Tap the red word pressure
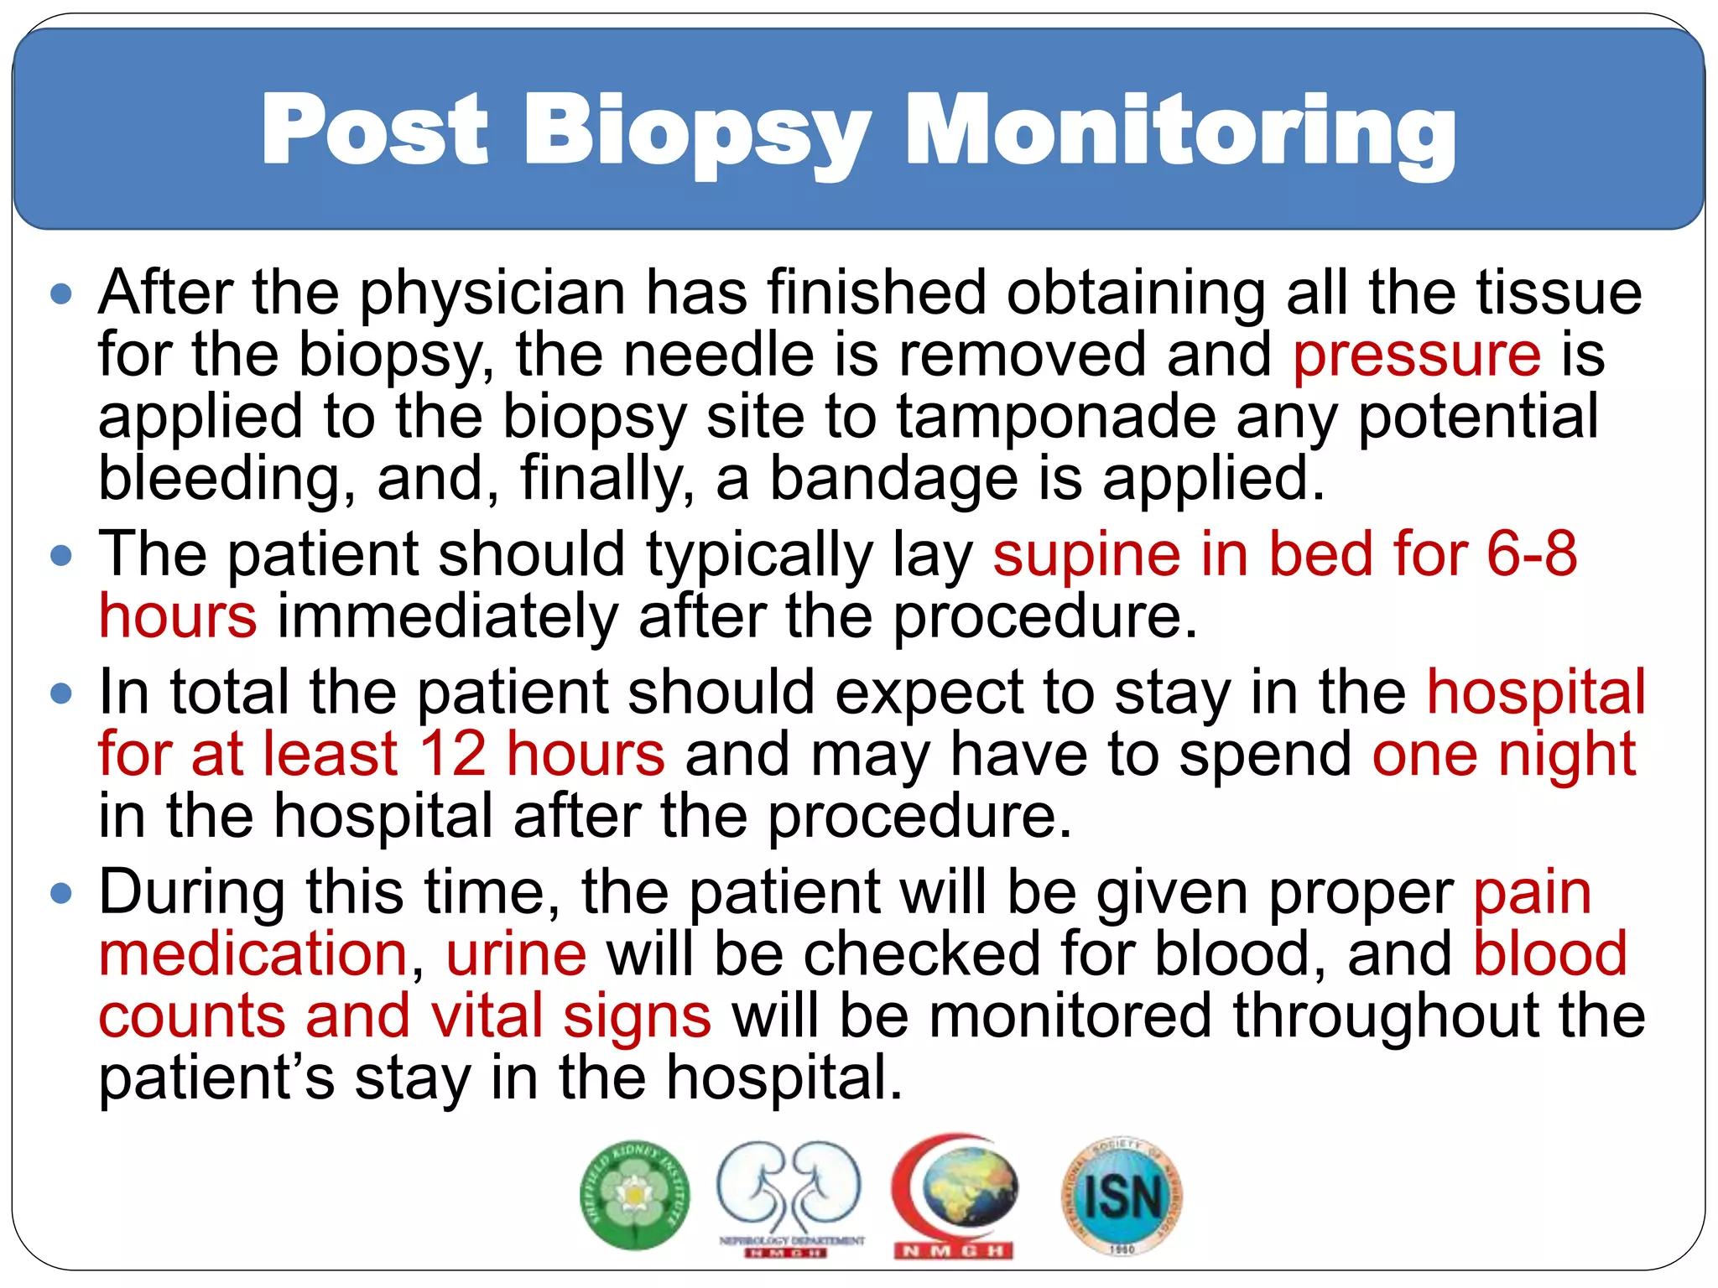(1416, 356)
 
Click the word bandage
(893, 479)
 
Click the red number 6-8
(1532, 555)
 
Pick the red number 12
(453, 754)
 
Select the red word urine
(516, 954)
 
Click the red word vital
(487, 1016)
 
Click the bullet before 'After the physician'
(61, 295)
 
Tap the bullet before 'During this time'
(61, 893)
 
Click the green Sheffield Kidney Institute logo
(635, 1194)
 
